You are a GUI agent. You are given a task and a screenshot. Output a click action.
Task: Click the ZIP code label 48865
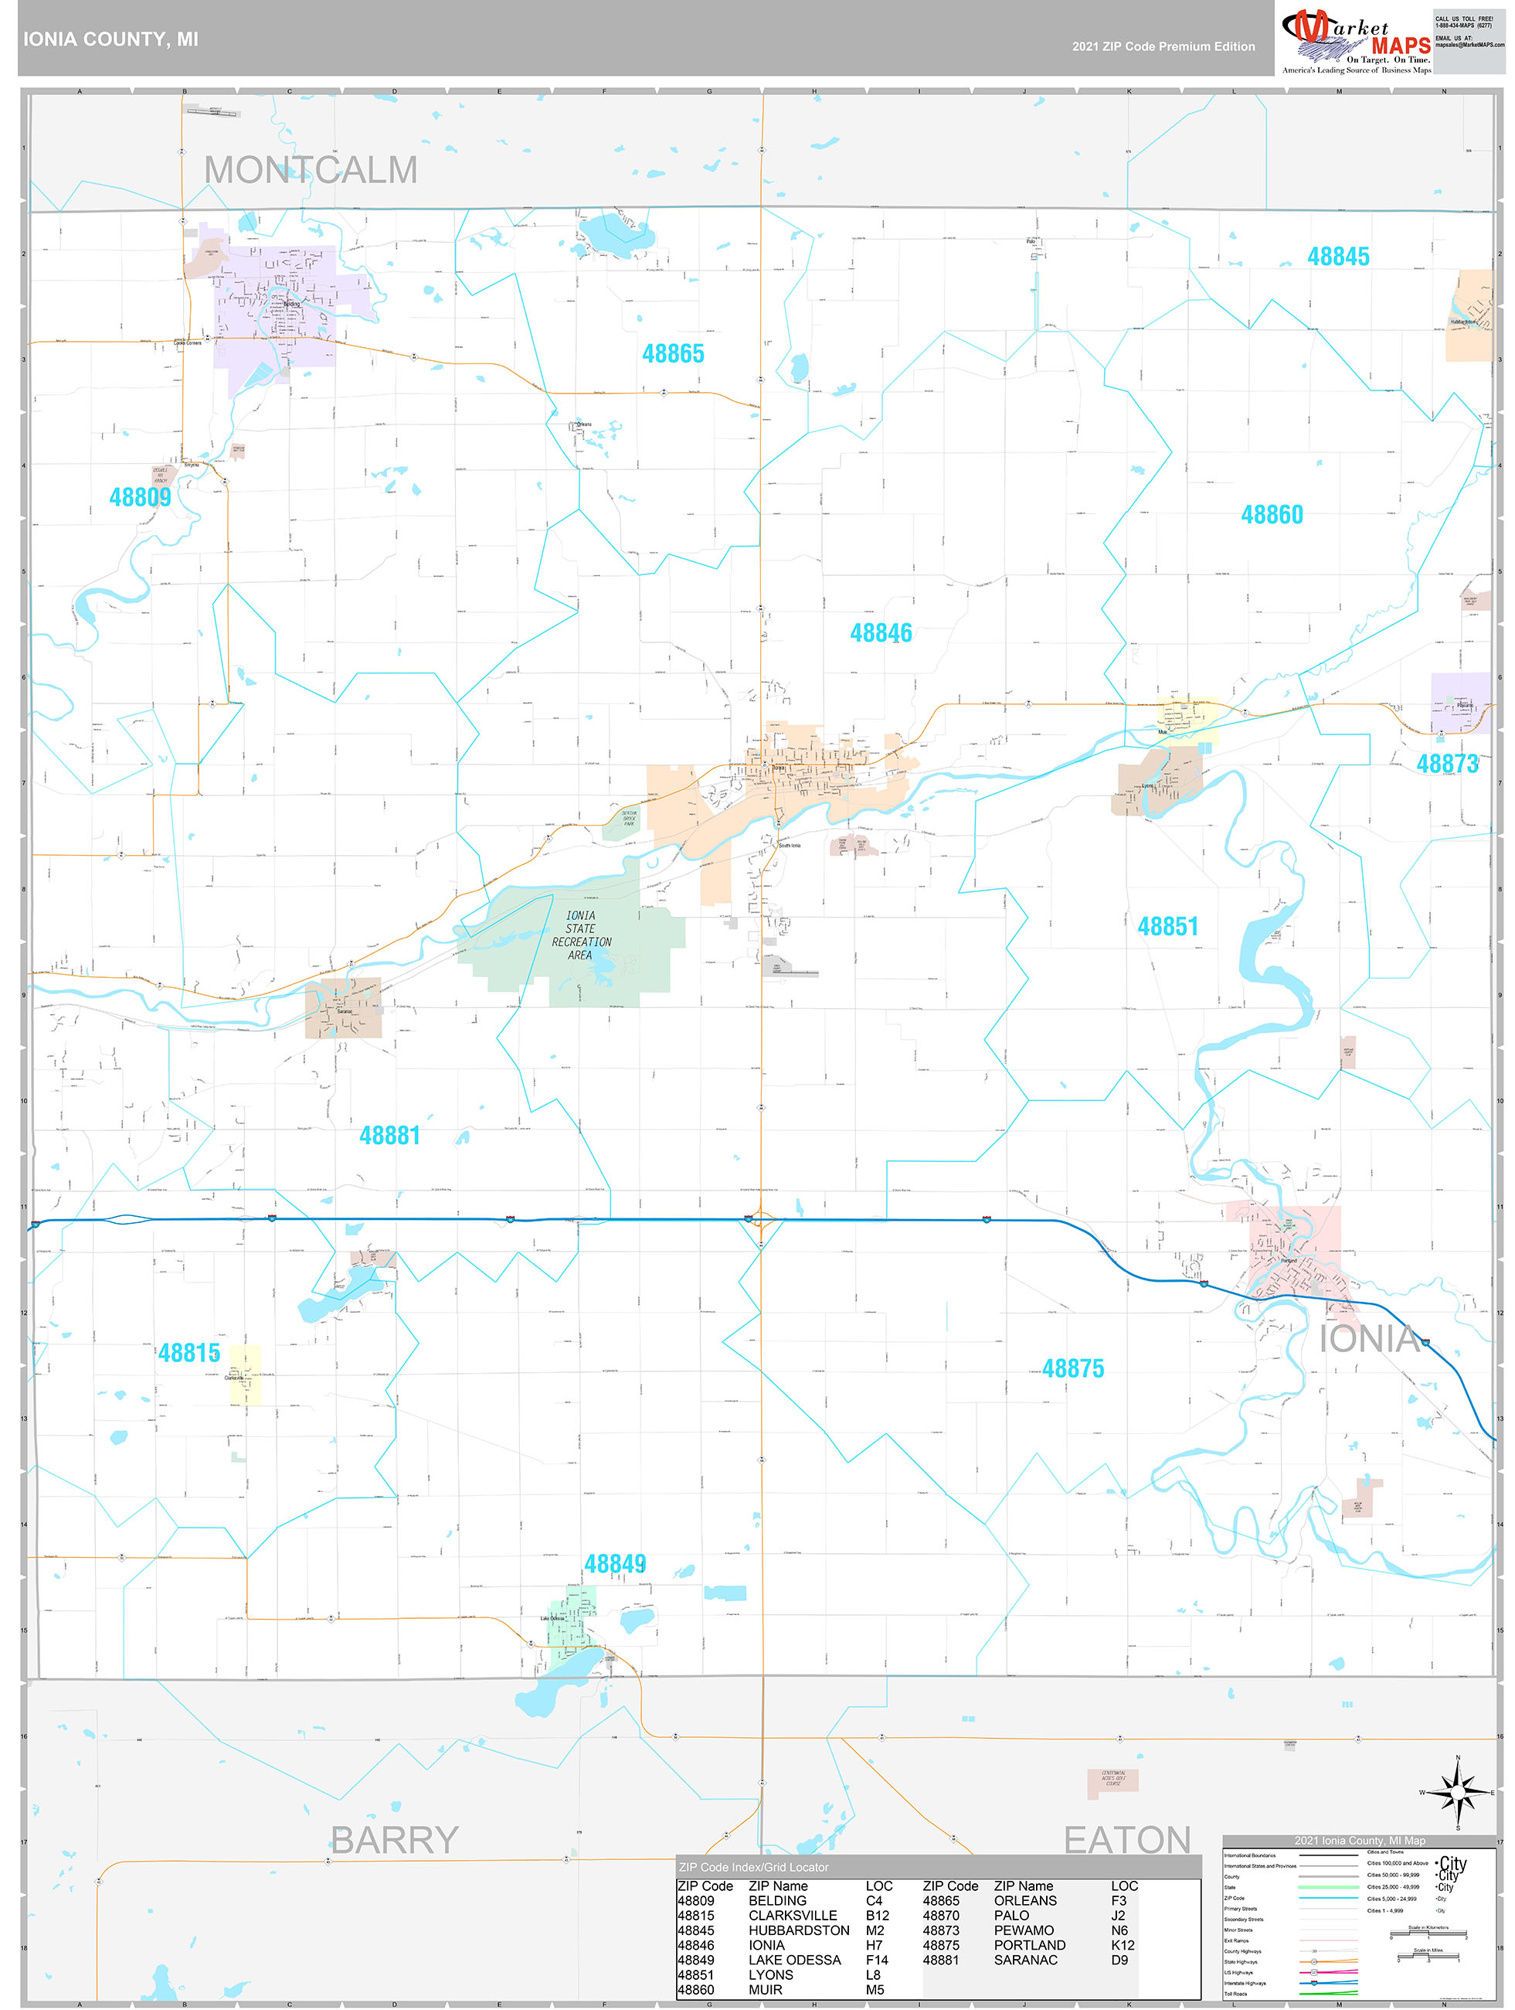(x=673, y=353)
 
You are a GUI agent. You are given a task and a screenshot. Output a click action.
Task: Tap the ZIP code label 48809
(x=140, y=497)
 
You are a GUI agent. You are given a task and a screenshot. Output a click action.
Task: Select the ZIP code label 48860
(x=1272, y=514)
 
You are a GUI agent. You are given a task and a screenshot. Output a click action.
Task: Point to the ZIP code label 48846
(x=880, y=632)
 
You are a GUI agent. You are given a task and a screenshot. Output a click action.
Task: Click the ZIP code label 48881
(x=389, y=1135)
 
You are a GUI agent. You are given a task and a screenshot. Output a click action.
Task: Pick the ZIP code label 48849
(x=615, y=1563)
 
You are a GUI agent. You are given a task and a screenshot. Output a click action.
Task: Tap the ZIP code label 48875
(x=1072, y=1368)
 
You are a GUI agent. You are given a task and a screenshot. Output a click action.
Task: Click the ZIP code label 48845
(x=1338, y=256)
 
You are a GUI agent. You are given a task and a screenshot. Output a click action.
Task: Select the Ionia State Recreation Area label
(x=581, y=935)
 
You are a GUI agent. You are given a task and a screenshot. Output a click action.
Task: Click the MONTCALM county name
(x=311, y=170)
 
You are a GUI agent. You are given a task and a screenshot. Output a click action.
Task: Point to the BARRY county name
(x=394, y=1840)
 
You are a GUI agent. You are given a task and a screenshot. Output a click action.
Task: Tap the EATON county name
(x=1126, y=1840)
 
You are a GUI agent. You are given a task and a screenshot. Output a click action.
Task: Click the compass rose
(x=1458, y=1791)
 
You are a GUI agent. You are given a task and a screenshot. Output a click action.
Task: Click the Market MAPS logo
(x=1356, y=41)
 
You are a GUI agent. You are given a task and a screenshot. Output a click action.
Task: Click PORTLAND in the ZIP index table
(x=1029, y=1944)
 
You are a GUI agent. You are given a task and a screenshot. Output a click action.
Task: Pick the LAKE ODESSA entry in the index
(x=794, y=1959)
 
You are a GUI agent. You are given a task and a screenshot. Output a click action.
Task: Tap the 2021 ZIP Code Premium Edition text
(x=1163, y=46)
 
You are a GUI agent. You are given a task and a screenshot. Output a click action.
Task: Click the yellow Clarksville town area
(x=245, y=1374)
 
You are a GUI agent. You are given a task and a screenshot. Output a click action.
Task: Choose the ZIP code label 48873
(x=1446, y=763)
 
